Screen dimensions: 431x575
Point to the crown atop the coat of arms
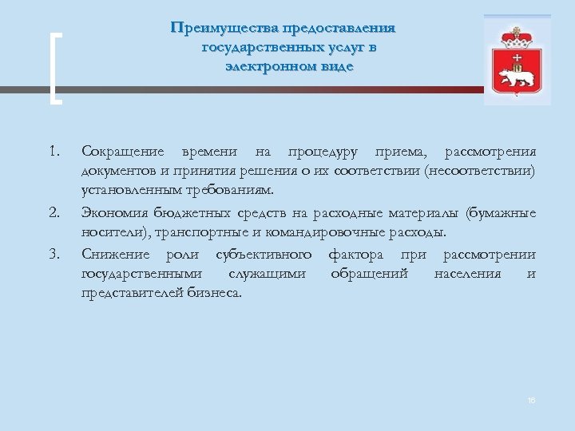coord(516,37)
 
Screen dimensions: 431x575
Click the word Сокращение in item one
coord(122,152)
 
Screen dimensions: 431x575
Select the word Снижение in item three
coord(115,255)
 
